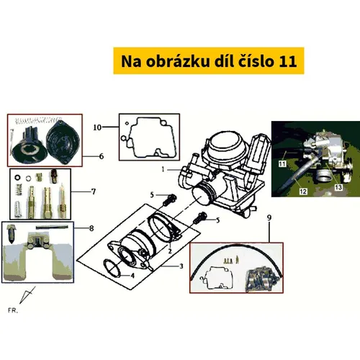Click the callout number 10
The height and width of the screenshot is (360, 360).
pos(97,127)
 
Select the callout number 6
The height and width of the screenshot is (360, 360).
pos(102,156)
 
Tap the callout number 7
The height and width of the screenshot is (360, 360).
pos(94,192)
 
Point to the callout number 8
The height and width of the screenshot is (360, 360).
pos(91,228)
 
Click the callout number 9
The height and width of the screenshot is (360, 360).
pos(269,217)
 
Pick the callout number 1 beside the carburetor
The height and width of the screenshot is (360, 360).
pos(163,169)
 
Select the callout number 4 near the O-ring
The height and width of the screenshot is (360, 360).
pos(132,276)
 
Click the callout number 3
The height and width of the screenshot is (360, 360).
pos(181,266)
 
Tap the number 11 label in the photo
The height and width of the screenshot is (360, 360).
pos(282,164)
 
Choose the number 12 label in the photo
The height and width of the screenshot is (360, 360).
pos(303,192)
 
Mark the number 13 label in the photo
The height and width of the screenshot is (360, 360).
pos(338,187)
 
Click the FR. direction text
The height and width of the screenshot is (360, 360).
pos(13,310)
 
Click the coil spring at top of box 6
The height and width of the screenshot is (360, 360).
pos(37,120)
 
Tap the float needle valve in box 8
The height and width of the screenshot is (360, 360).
pos(11,235)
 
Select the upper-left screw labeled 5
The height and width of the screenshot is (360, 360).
pos(170,200)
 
